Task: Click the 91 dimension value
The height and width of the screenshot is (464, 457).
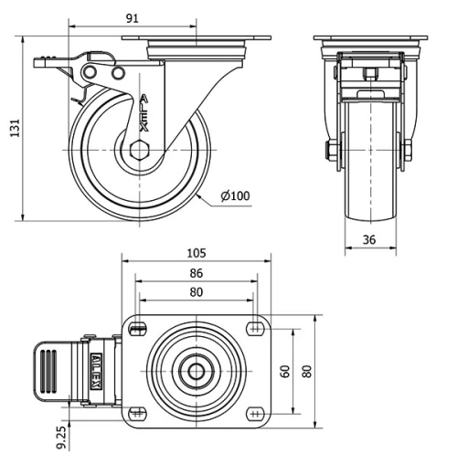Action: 133,17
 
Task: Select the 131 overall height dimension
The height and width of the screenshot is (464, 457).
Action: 14,129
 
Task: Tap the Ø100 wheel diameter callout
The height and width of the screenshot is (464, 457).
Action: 235,195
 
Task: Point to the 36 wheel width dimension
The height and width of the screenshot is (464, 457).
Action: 370,239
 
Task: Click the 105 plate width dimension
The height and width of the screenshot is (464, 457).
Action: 197,253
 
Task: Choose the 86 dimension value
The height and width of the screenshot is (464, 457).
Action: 197,273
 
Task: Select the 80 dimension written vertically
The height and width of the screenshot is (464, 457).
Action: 307,371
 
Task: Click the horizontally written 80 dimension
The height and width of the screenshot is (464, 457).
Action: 197,293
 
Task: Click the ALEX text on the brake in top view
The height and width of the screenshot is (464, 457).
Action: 94,373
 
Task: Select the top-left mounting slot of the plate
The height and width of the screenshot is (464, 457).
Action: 138,329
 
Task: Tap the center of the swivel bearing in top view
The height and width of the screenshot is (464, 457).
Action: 196,371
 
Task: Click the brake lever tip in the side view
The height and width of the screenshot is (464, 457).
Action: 41,63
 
